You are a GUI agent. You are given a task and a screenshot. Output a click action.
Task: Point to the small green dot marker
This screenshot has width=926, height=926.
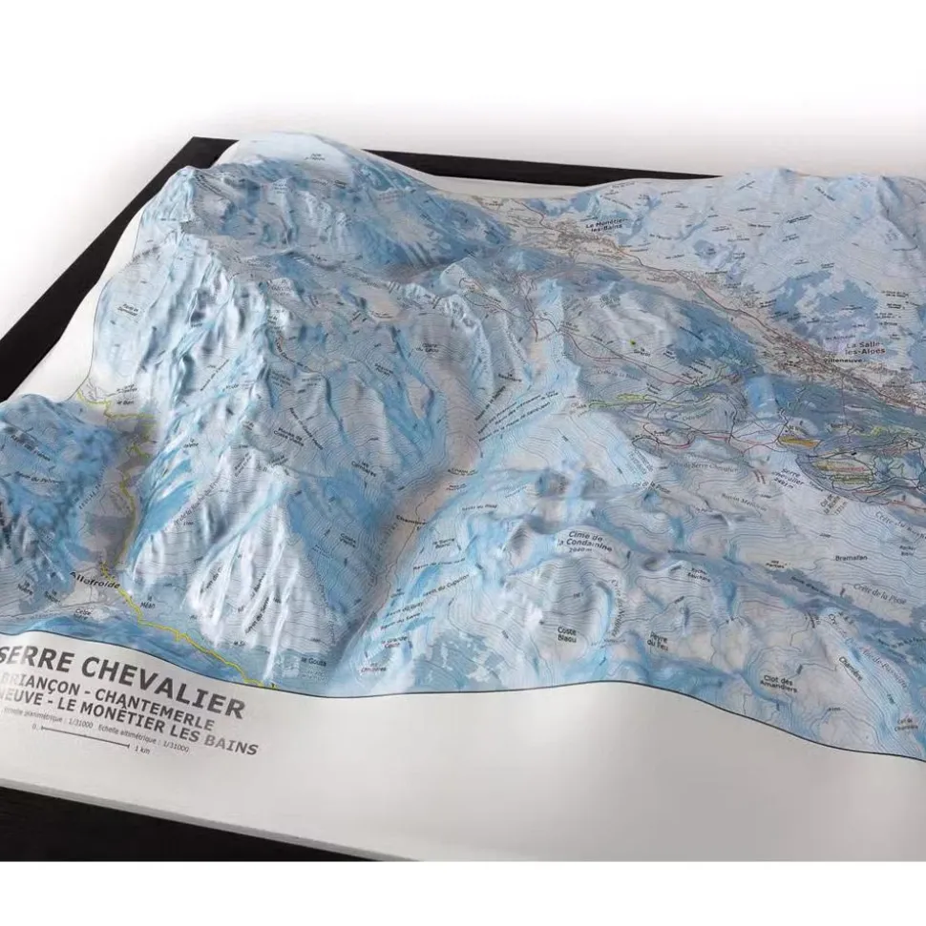633,343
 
